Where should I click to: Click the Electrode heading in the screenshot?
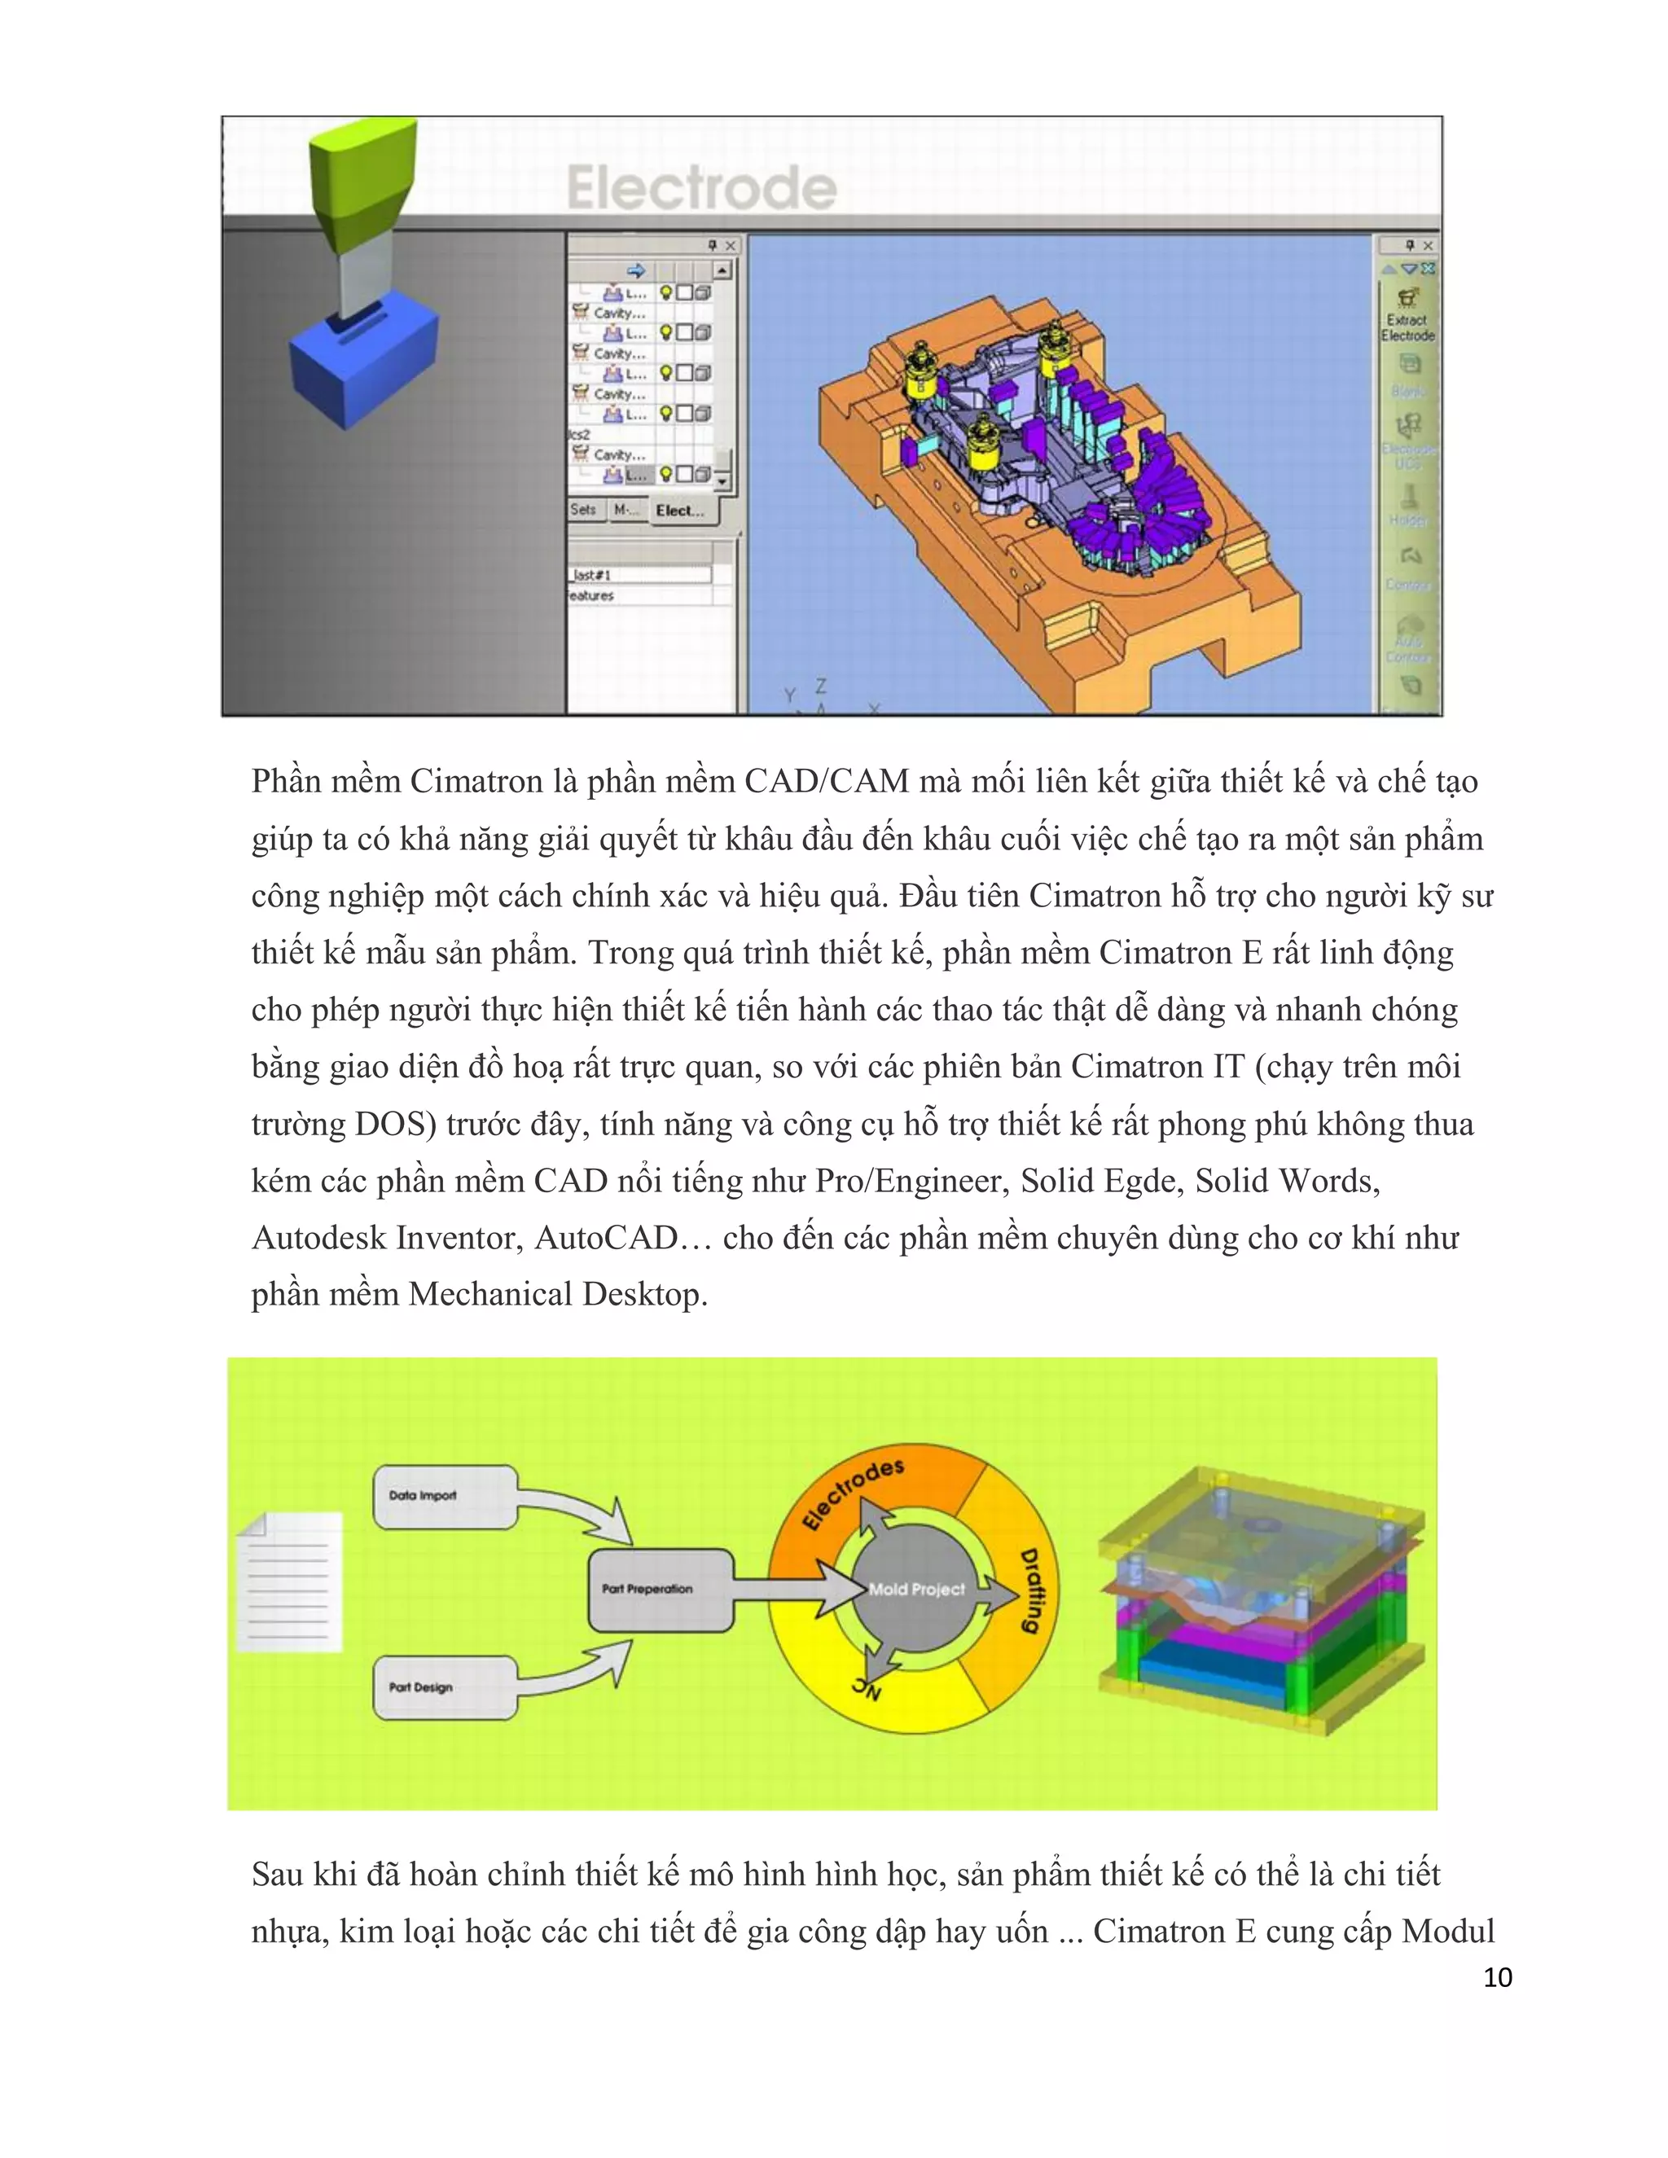pos(701,188)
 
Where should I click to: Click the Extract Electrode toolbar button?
pos(1408,314)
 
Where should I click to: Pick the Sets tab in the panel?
pos(583,510)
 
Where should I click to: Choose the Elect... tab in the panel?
pos(680,511)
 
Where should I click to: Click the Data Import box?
pos(444,1496)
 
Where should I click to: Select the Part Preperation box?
pos(659,1589)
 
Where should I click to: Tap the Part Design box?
pos(444,1687)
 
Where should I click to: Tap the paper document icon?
pos(291,1581)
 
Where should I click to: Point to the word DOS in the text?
pos(390,1125)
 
